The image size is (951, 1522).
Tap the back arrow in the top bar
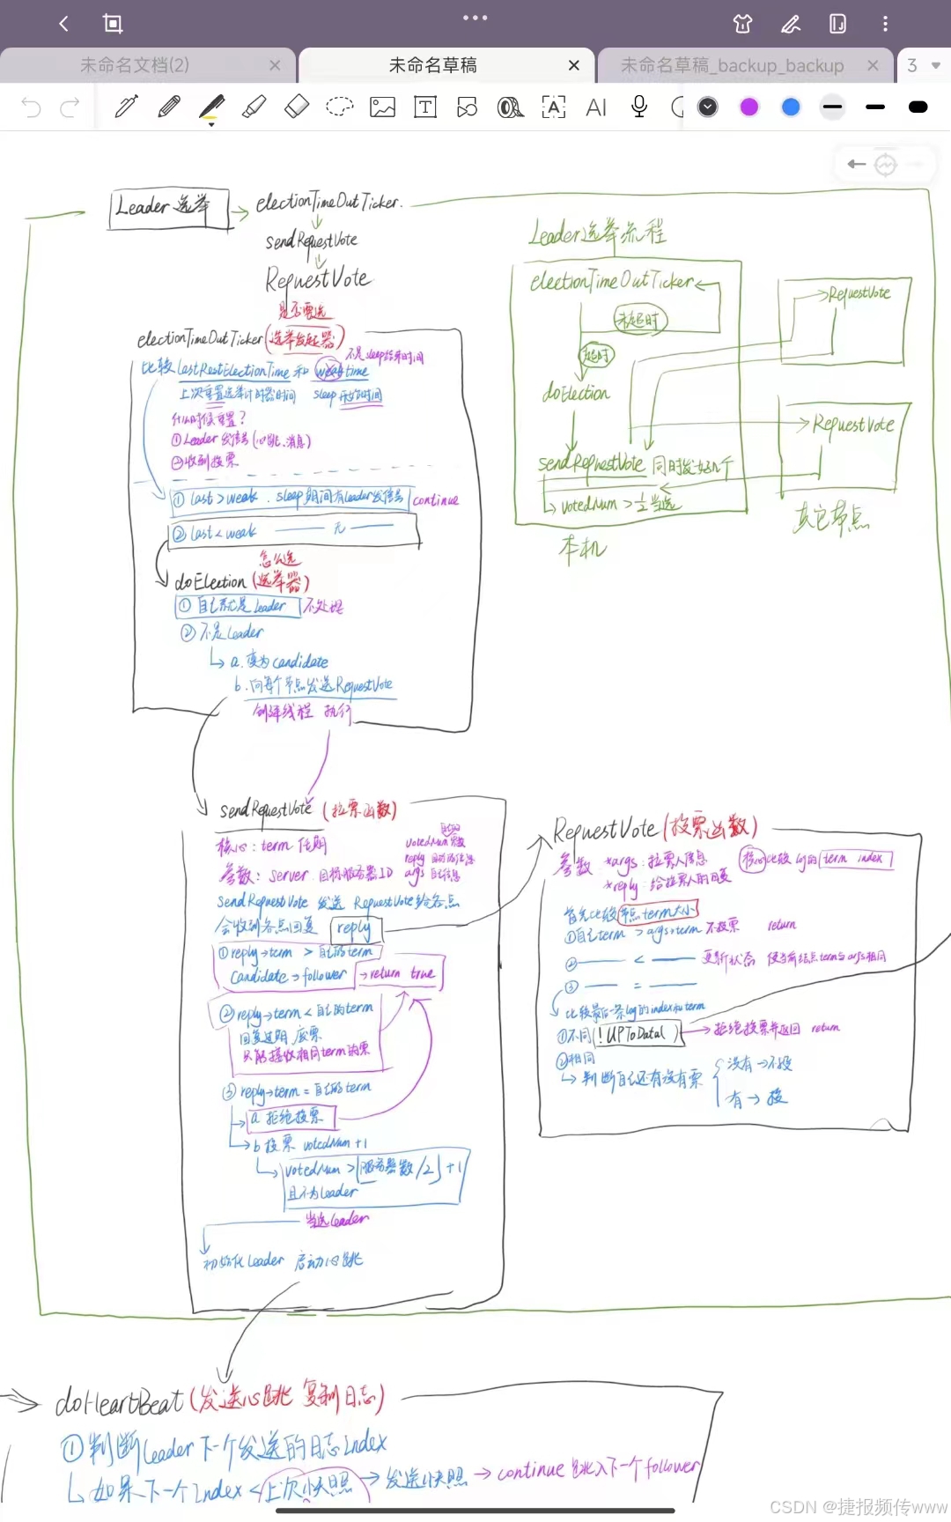click(63, 24)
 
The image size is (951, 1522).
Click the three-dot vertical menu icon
click(885, 24)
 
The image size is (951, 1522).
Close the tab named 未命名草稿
click(574, 65)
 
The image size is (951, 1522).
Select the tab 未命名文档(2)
click(135, 65)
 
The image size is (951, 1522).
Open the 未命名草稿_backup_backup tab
click(732, 65)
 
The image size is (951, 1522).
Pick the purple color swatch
click(749, 107)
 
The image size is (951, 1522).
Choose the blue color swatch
click(791, 107)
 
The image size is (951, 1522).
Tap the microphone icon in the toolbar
click(639, 107)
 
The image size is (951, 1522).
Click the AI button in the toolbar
click(596, 107)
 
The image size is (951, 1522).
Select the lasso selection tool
click(339, 107)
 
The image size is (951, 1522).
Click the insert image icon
click(382, 107)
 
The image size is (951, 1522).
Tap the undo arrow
click(31, 107)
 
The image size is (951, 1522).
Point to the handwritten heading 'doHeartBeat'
click(120, 1400)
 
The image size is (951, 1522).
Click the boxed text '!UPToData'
click(636, 1034)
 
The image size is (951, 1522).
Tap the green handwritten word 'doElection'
click(576, 393)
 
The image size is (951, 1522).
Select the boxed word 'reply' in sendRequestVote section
click(354, 927)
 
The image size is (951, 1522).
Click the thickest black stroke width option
click(918, 107)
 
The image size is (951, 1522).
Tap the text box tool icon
click(425, 107)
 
